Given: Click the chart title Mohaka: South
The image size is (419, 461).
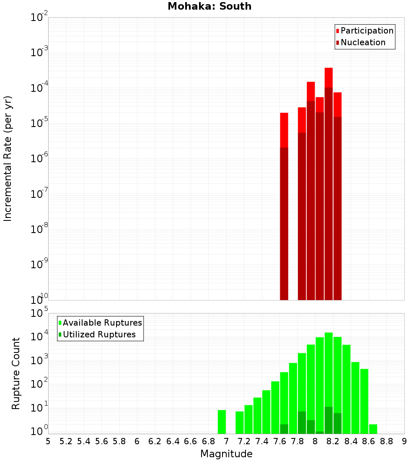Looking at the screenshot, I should [209, 6].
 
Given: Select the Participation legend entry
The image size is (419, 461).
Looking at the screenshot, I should [367, 31].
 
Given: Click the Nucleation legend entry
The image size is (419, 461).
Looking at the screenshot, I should [362, 42].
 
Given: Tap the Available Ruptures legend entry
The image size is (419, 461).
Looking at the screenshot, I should [102, 323].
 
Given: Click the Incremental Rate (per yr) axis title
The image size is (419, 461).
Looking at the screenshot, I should [8, 158].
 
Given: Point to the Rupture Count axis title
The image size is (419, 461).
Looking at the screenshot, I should [16, 373].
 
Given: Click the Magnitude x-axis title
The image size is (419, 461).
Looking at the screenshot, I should [226, 453].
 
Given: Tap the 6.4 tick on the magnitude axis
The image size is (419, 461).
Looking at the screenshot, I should [173, 441].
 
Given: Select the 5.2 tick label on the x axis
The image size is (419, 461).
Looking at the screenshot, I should [66, 441].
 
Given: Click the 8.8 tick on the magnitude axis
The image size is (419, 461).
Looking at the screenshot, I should [386, 441].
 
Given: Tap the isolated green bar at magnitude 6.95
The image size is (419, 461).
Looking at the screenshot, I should [222, 422].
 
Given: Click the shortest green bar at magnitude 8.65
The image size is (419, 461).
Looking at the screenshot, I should [373, 429].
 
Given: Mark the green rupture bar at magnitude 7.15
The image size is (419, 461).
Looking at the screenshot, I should [240, 422].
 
